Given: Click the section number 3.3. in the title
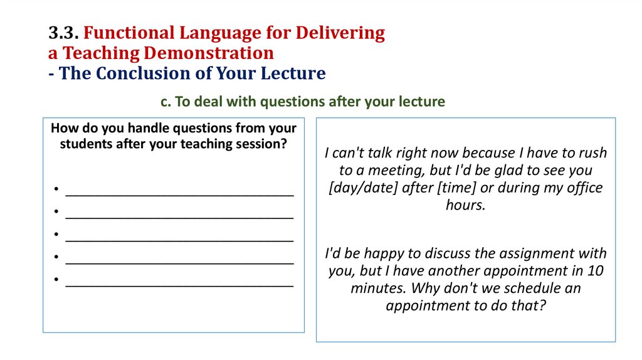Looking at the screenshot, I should click(x=63, y=33).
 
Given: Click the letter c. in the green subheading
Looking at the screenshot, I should click(x=165, y=101).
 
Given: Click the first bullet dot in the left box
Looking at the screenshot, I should click(x=56, y=189).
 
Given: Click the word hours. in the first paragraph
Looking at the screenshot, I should click(x=465, y=205).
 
